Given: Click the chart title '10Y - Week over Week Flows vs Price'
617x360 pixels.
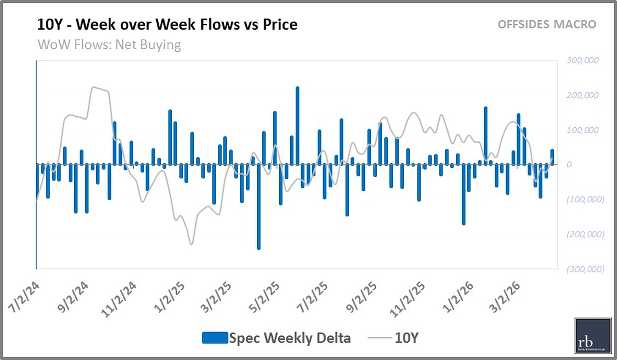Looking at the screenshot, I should pos(167,25).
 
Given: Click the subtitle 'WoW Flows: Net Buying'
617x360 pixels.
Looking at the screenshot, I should pos(109,45).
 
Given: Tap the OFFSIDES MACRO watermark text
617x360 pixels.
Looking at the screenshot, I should pos(547,25).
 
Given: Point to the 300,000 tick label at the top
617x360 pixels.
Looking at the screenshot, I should pos(582,61).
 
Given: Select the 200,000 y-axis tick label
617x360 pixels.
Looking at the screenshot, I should pos(582,95).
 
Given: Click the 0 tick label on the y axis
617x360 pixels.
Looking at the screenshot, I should pos(569,165).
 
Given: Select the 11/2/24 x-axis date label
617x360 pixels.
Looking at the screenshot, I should pos(119,299).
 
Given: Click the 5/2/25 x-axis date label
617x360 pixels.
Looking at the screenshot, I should pos(264,297).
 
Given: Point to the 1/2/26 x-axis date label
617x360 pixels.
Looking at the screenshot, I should pos(458,297).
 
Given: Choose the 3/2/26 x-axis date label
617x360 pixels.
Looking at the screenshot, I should pos(504,297).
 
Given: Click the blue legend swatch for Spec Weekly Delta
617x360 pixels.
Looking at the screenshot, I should pos(215,338).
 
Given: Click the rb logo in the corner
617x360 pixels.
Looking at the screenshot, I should pos(593,335).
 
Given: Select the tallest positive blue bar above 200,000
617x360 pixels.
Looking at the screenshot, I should pos(297,125).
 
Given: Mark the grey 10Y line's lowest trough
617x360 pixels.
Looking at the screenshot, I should pos(191,244).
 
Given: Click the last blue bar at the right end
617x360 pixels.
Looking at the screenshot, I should pos(552,157).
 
